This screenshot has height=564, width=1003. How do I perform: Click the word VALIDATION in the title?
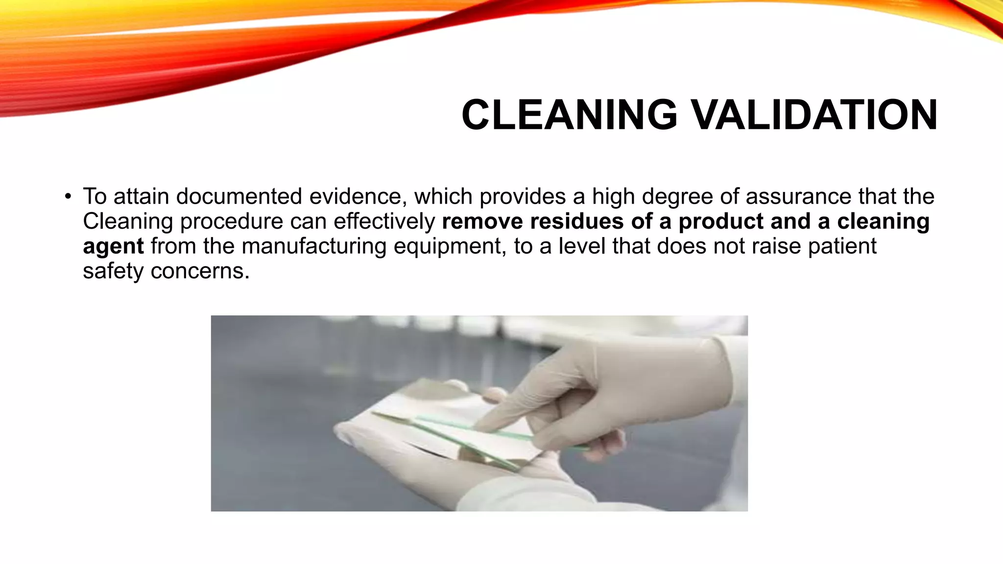(813, 115)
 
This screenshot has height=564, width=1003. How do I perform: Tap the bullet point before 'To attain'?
(68, 197)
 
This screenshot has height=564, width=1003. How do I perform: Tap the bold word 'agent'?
(113, 246)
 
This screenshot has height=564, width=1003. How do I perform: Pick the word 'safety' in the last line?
(113, 271)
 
